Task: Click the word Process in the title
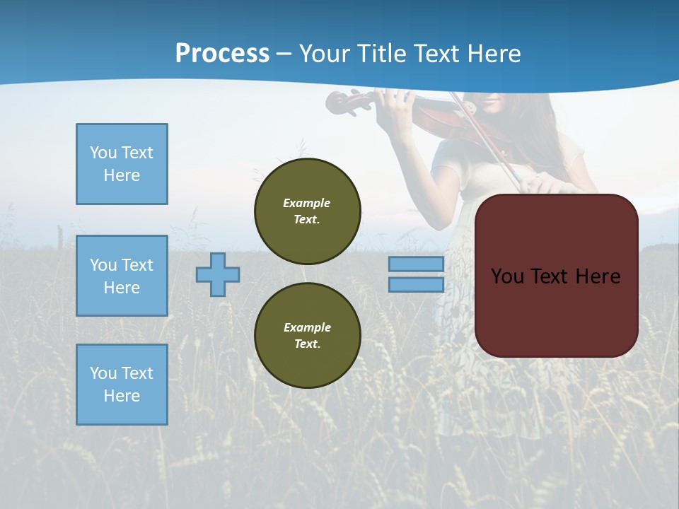[222, 54]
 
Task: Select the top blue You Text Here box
[122, 164]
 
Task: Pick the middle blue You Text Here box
[122, 276]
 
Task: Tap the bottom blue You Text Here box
[122, 385]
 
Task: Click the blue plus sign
[218, 274]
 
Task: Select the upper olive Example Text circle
[307, 211]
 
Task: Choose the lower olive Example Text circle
[307, 335]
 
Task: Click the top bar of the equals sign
[416, 264]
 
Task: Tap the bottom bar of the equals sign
[416, 285]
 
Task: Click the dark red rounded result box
[556, 311]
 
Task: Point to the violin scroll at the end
[338, 103]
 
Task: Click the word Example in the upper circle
[306, 203]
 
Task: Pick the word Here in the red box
[598, 276]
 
